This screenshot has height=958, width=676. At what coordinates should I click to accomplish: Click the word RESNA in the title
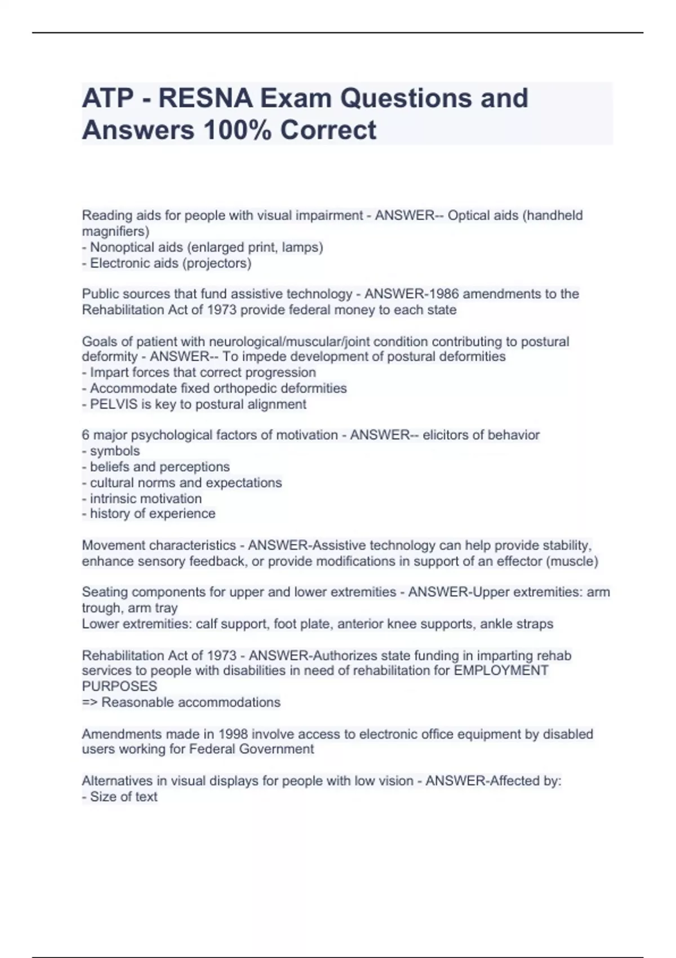pyautogui.click(x=205, y=98)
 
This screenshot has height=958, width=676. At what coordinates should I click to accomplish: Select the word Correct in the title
pyautogui.click(x=328, y=130)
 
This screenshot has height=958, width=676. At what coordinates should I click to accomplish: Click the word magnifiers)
pyautogui.click(x=115, y=231)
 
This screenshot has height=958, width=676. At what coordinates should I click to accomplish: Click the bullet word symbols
pyautogui.click(x=115, y=451)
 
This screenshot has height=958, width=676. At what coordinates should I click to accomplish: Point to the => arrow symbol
pyautogui.click(x=90, y=702)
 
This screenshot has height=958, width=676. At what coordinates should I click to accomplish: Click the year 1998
pyautogui.click(x=233, y=734)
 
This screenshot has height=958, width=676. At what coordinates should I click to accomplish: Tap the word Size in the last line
pyautogui.click(x=102, y=797)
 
